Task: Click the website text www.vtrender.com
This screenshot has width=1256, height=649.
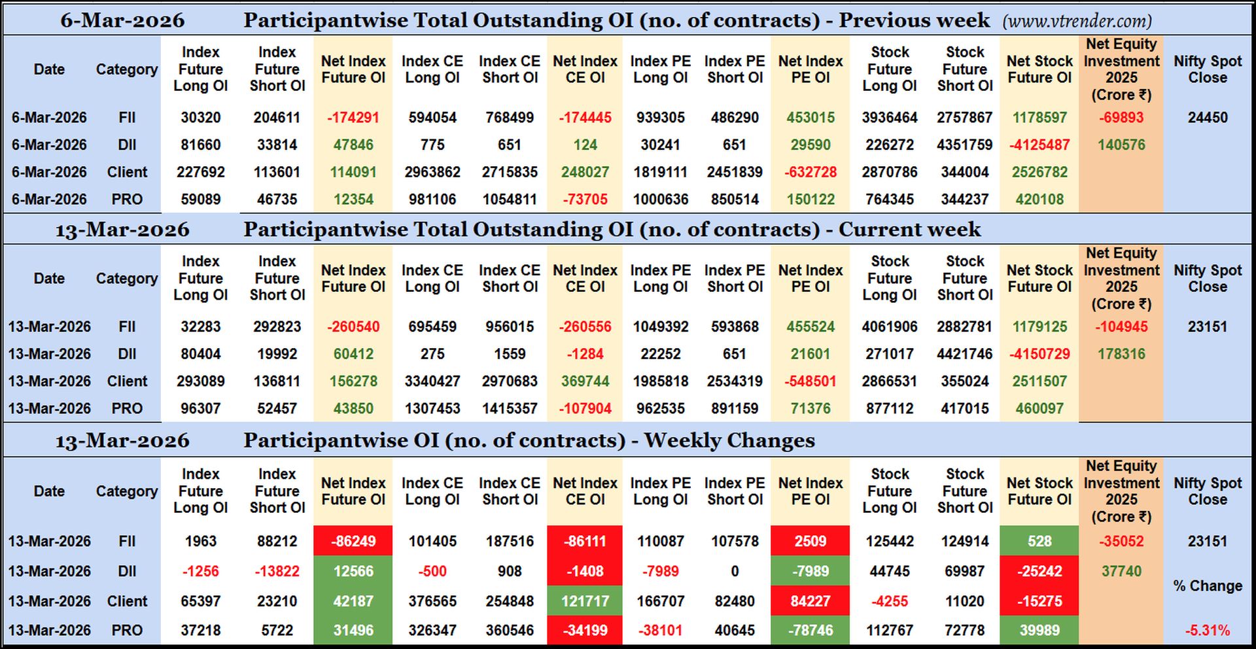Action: click(x=1077, y=21)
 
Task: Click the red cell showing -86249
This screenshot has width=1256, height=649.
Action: click(x=353, y=541)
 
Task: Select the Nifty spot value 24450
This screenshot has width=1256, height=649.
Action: click(x=1208, y=118)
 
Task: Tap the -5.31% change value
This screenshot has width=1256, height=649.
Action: click(x=1208, y=631)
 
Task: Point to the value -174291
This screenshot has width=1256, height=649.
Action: click(x=353, y=118)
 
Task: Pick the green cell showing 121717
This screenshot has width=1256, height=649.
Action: click(x=585, y=601)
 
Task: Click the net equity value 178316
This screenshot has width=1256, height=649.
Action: click(x=1121, y=354)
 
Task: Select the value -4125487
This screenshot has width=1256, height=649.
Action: click(x=1039, y=145)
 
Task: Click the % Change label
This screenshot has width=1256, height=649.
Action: click(x=1208, y=586)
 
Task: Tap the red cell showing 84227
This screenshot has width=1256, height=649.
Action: click(x=811, y=601)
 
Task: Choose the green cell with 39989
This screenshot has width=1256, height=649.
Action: click(x=1039, y=631)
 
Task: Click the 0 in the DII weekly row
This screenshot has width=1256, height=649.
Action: click(x=735, y=571)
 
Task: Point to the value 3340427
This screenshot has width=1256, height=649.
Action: click(x=432, y=381)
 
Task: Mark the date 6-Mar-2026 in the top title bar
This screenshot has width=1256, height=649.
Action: click(x=122, y=20)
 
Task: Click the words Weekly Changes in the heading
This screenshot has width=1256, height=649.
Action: click(x=729, y=440)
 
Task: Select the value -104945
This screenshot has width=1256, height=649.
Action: click(x=1121, y=326)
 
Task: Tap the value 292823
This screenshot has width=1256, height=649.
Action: click(x=277, y=326)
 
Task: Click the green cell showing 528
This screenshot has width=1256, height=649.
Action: click(x=1039, y=541)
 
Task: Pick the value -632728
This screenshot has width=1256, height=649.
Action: click(x=811, y=172)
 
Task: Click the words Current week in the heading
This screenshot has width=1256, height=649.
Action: click(x=909, y=230)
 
